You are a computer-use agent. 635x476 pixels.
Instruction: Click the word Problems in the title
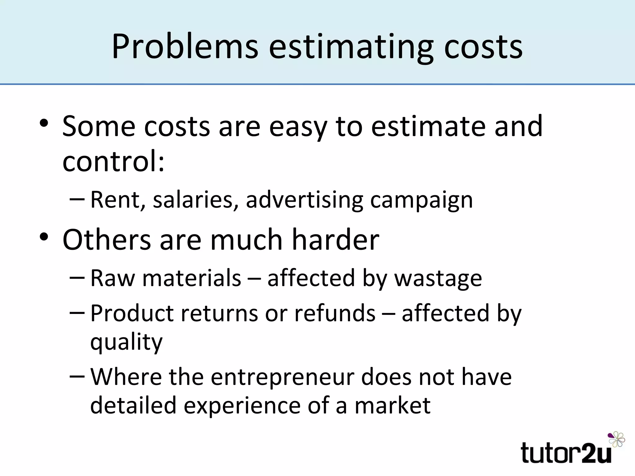(185, 46)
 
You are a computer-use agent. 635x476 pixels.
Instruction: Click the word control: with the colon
(113, 161)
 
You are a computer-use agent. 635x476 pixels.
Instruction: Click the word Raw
(113, 278)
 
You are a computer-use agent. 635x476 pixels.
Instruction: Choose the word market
(392, 405)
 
